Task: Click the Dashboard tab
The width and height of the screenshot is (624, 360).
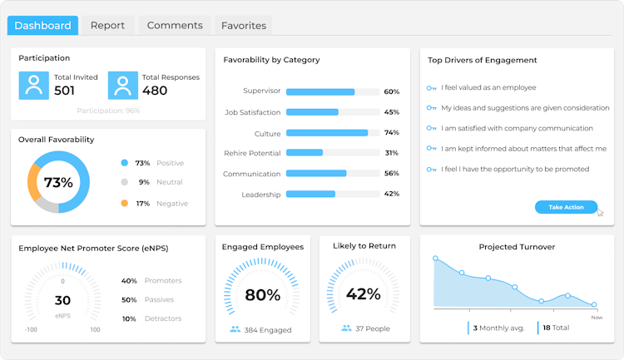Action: coord(42,26)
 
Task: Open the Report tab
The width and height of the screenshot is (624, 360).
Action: coord(107,26)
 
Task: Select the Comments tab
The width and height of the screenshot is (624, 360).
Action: coord(175,26)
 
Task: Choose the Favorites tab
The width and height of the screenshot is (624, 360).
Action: coord(244,26)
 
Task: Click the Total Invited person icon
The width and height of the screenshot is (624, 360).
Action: coord(33,85)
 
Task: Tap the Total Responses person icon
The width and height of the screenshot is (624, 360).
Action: coord(122,85)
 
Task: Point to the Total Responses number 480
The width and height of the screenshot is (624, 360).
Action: coord(154,91)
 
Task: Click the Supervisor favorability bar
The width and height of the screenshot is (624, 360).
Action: coord(320,91)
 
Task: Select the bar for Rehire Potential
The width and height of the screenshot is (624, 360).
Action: coord(305,153)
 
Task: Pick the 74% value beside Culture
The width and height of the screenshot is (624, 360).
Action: coord(392,133)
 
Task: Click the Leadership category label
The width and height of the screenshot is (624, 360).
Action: coord(261,195)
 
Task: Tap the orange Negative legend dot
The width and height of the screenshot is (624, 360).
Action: coord(124,203)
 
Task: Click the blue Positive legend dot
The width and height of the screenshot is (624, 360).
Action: coord(124,163)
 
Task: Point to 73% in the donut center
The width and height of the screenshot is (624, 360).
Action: coord(58,183)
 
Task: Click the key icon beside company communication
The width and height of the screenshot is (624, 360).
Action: coord(431,129)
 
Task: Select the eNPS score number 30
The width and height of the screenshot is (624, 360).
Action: coord(62,301)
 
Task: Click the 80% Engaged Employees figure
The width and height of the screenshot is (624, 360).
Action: coord(262,294)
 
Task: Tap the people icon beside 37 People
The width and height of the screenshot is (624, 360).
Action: coord(346,328)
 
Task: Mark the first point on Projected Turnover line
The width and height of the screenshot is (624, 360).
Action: coord(435,259)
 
